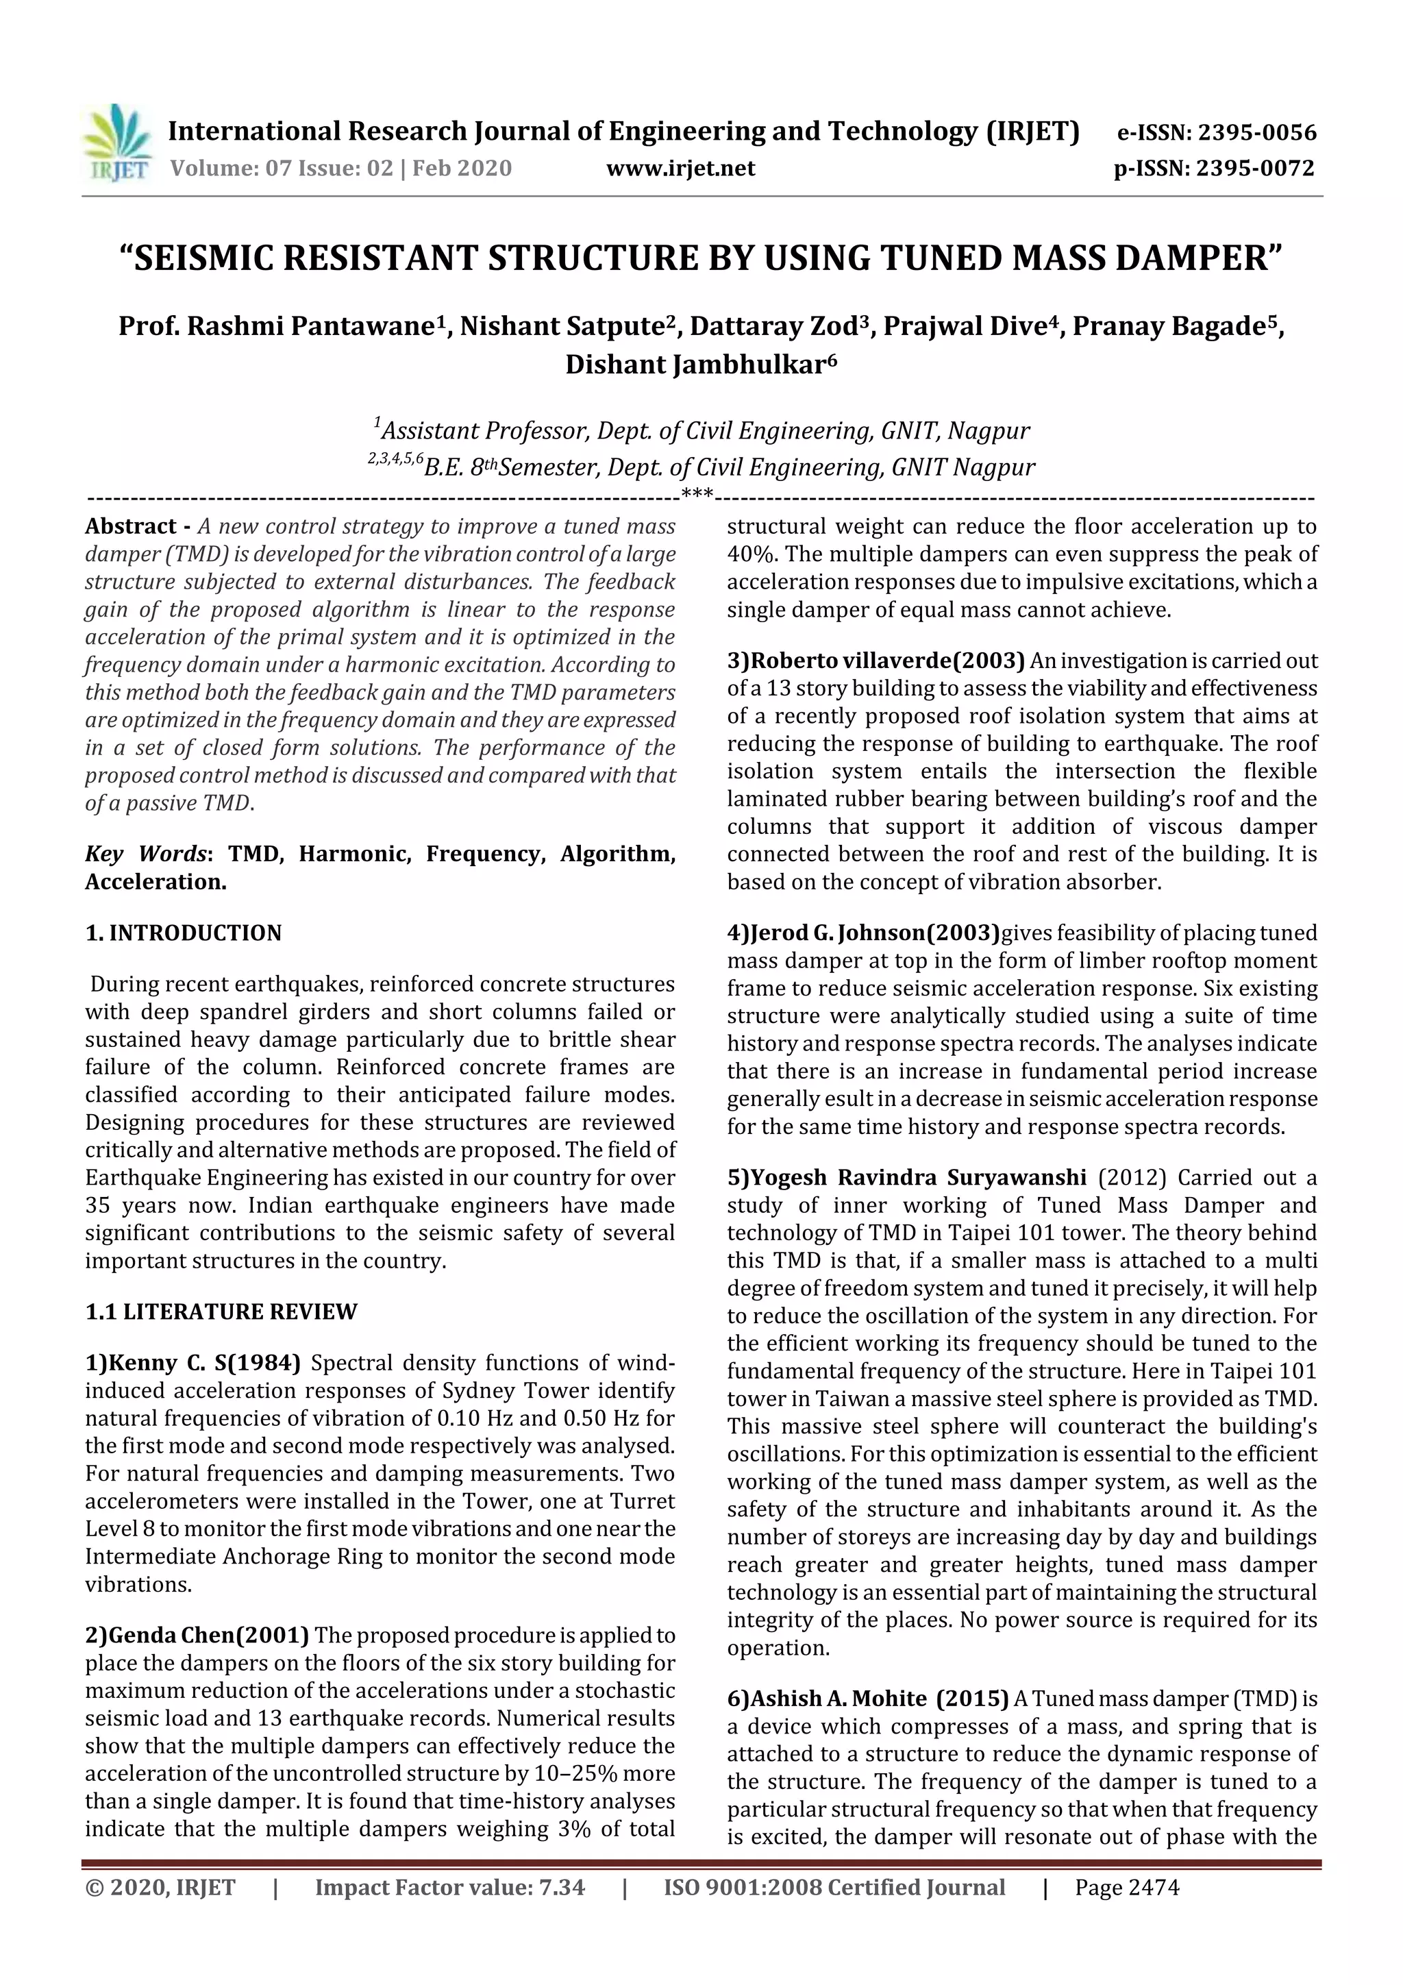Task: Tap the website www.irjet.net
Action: tap(680, 168)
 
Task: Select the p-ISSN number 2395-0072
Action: tap(1255, 169)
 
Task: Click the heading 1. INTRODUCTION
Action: tap(184, 933)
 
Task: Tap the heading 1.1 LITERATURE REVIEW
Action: tap(221, 1311)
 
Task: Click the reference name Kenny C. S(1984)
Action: tap(193, 1364)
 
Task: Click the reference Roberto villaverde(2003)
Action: tap(876, 661)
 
